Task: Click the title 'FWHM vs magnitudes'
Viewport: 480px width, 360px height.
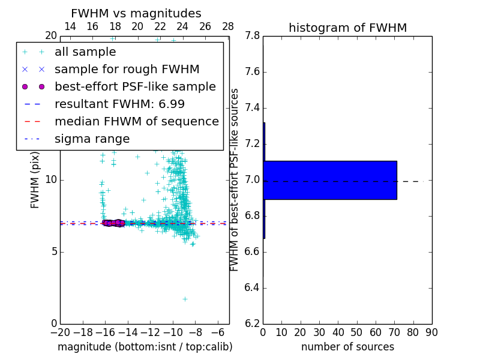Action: (x=136, y=13)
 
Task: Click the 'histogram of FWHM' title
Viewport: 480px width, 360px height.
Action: (x=347, y=28)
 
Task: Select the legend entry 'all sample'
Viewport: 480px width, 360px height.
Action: (x=85, y=52)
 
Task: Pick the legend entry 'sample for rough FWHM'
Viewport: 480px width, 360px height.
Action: (x=127, y=70)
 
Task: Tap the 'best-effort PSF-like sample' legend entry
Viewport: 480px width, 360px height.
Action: (x=135, y=87)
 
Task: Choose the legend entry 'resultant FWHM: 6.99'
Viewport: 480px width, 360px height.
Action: (x=119, y=104)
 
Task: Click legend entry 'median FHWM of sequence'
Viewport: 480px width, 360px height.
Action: (x=136, y=122)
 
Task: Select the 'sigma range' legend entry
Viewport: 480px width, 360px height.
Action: (x=92, y=139)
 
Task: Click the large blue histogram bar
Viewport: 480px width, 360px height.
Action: (x=330, y=180)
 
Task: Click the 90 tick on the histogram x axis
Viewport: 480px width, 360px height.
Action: (x=431, y=332)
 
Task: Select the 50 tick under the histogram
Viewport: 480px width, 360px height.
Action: (x=356, y=332)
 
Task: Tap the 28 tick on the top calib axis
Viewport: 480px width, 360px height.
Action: (x=228, y=26)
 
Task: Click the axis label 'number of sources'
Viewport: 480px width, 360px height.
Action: (x=347, y=347)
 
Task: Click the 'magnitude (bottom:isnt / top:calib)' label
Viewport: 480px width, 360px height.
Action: (x=145, y=347)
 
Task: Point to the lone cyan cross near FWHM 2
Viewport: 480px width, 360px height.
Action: (x=185, y=299)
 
